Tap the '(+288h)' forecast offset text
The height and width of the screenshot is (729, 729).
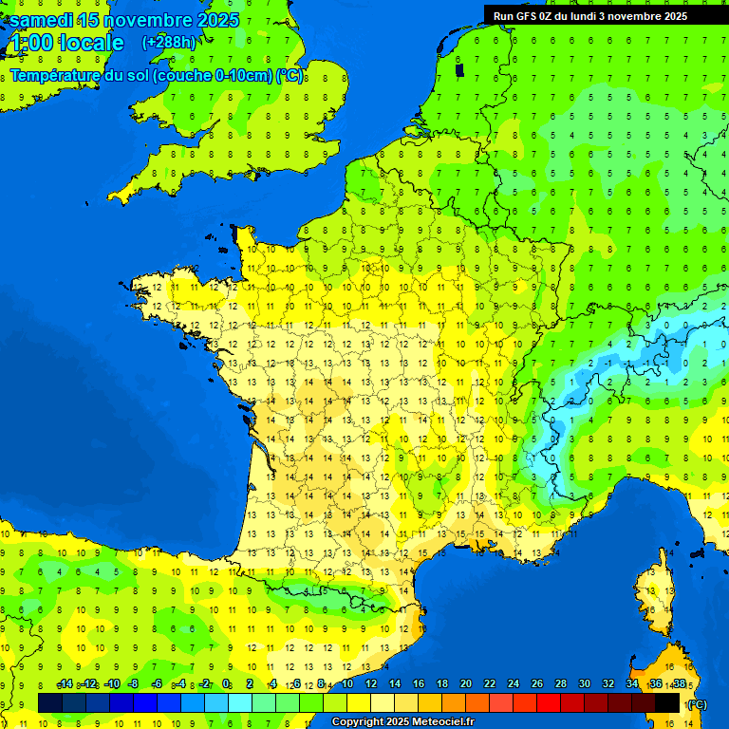[168, 42]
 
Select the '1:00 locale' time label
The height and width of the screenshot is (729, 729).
[65, 43]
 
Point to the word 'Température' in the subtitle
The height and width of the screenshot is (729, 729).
[58, 76]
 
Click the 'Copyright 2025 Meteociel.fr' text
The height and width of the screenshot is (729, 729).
[402, 721]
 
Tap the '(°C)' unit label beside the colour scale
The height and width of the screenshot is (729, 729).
[696, 704]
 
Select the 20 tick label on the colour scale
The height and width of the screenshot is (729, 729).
[465, 683]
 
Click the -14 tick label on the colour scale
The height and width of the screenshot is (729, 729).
[65, 683]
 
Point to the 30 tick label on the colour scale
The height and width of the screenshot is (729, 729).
[584, 683]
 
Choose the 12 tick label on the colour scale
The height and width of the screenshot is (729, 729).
[370, 683]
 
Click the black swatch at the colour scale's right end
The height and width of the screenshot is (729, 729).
[667, 702]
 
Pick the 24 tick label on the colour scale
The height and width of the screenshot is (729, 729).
[513, 683]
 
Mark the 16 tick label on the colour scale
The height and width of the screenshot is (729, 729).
[418, 683]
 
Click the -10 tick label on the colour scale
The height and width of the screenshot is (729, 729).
[111, 683]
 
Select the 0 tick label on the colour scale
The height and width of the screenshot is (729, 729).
[226, 683]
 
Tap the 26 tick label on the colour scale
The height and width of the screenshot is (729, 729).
[536, 683]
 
